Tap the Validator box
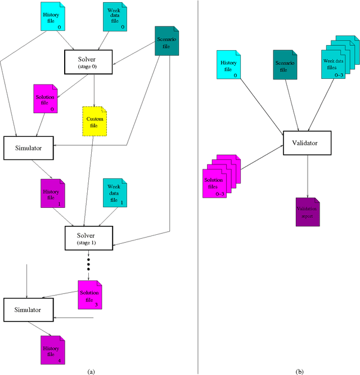(x=307, y=143)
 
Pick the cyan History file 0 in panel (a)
(x=54, y=16)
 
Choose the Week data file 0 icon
(x=115, y=16)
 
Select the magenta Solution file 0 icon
(x=45, y=100)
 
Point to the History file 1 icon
(x=52, y=193)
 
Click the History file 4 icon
(x=52, y=350)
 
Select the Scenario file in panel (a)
(x=166, y=42)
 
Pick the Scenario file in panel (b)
(x=284, y=64)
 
